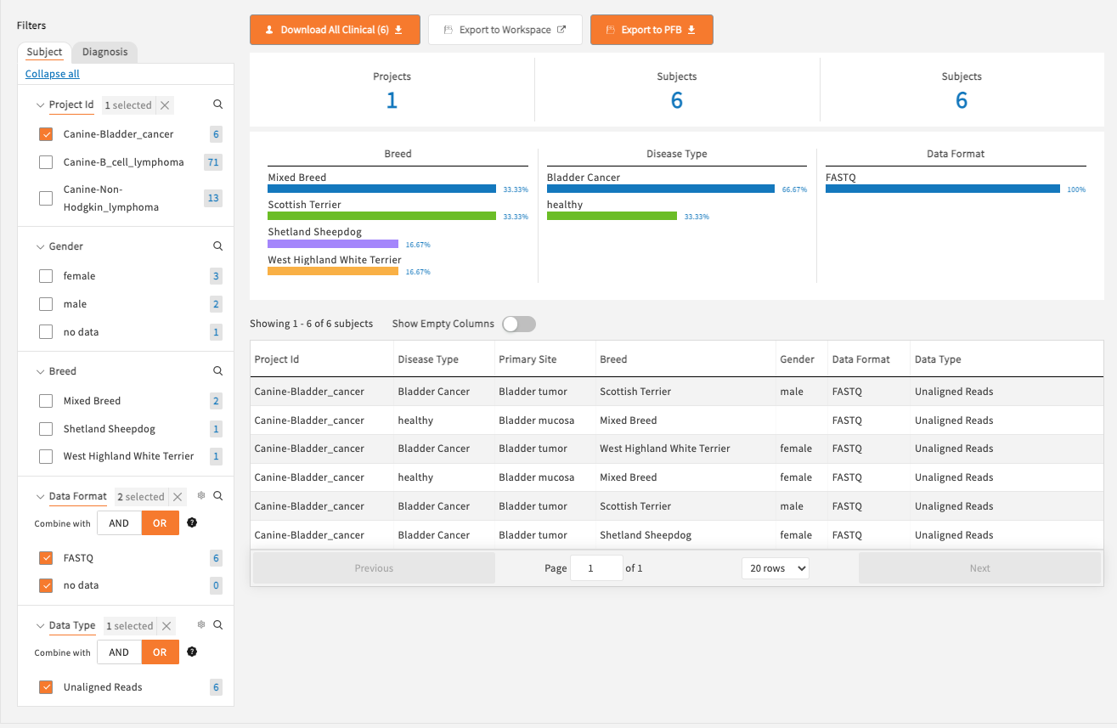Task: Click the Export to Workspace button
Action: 505,30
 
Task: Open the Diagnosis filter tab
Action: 104,52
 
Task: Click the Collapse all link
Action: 53,74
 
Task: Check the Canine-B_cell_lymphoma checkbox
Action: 46,162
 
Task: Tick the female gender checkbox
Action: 46,276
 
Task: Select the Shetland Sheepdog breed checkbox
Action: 46,429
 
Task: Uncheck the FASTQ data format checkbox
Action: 46,558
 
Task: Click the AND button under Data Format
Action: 119,523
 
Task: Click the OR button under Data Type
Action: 160,652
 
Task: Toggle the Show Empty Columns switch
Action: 518,324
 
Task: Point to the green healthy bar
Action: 612,216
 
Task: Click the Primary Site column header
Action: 527,359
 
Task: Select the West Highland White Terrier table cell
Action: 664,449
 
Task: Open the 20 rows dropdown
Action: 775,568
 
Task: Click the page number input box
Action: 596,568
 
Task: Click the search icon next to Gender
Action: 217,246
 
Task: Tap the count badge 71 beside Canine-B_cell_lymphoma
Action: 213,162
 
